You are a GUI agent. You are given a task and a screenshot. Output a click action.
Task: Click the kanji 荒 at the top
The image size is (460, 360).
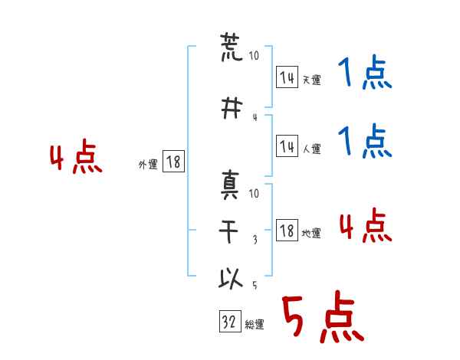point(232,47)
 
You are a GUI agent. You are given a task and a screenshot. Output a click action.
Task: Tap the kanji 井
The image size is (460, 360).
point(232,108)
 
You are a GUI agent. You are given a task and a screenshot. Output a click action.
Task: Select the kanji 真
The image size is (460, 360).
point(230,185)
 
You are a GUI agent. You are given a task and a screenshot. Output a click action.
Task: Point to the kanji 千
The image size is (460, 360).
point(228,231)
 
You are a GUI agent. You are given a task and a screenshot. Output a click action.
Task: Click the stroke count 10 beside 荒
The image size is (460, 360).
point(254,55)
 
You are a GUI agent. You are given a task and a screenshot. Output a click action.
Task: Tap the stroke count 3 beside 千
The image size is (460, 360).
point(255,240)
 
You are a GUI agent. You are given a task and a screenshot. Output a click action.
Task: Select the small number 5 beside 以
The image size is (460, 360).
point(255,285)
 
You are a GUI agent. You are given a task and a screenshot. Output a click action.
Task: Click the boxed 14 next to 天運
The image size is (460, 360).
point(287,77)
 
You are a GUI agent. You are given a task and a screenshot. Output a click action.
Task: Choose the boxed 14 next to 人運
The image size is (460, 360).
point(287,146)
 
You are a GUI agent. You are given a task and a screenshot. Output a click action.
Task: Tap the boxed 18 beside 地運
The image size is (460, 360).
point(287,231)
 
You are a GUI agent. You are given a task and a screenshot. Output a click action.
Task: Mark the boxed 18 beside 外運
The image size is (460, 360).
point(173,162)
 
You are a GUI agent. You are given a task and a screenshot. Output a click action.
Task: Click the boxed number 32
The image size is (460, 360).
point(230,321)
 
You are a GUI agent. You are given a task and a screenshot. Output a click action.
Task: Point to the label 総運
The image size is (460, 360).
point(255,325)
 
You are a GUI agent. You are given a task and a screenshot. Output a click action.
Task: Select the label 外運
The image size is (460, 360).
point(148,165)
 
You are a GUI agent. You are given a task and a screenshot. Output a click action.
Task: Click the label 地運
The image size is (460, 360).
point(311,234)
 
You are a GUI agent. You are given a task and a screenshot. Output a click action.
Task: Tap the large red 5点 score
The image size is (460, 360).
point(323,316)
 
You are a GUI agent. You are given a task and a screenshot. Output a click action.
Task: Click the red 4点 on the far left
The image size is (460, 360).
point(76,156)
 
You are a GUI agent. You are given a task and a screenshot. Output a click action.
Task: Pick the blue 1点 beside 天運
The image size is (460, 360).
point(365,72)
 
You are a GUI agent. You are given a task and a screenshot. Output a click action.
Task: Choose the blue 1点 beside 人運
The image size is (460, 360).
point(365,141)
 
